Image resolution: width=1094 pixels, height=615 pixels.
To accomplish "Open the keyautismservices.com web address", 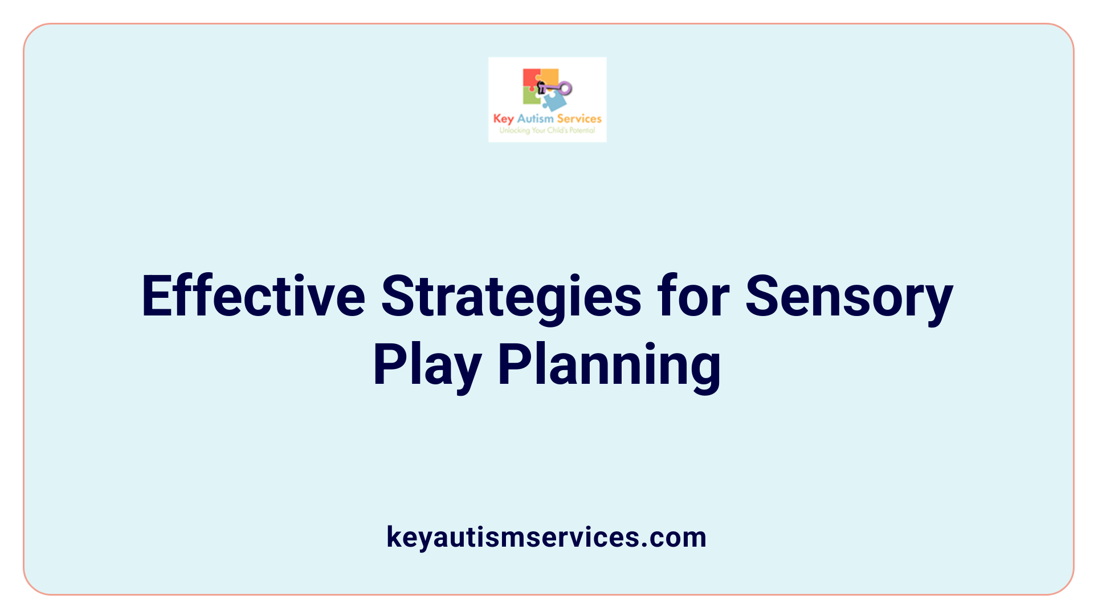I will click(546, 537).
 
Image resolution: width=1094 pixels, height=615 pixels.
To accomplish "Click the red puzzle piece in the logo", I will click(530, 78).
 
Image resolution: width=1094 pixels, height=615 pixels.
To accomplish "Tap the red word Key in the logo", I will click(503, 119).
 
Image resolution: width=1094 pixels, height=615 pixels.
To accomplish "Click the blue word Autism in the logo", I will click(535, 118).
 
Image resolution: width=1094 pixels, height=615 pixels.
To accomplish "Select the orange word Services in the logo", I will click(579, 118).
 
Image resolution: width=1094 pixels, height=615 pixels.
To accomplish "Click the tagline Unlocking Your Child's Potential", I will click(547, 130).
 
